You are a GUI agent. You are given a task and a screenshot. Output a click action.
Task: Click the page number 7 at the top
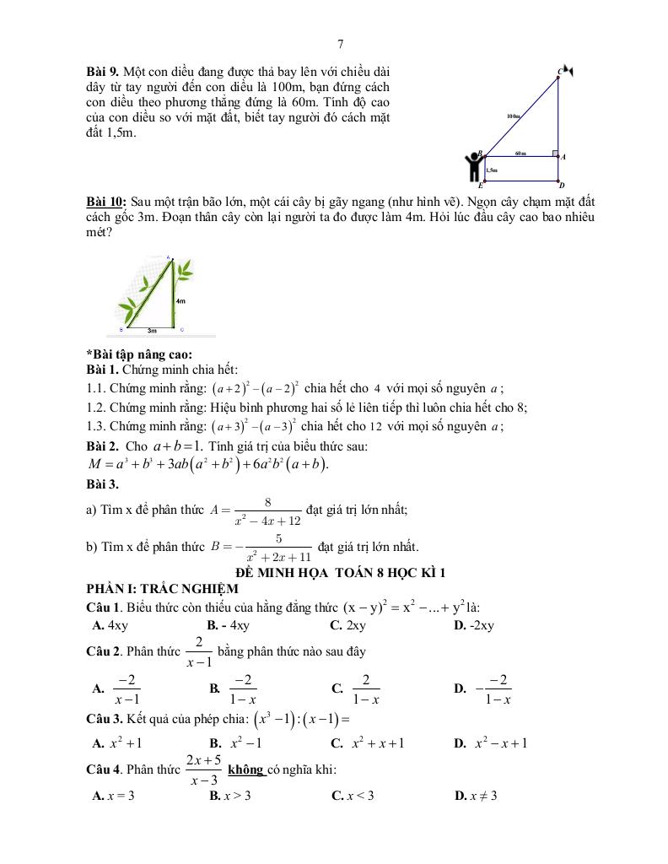pyautogui.click(x=340, y=45)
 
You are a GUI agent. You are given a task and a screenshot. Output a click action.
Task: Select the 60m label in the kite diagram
pyautogui.click(x=520, y=154)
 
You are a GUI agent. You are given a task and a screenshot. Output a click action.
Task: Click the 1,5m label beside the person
pyautogui.click(x=492, y=170)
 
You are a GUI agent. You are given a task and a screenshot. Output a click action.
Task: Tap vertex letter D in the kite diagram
pyautogui.click(x=562, y=186)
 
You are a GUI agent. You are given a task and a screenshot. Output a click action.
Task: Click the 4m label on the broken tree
pyautogui.click(x=181, y=300)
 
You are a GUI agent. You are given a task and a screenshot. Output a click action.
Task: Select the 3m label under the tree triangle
pyautogui.click(x=152, y=331)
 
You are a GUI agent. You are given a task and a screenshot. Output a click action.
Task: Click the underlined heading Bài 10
pyautogui.click(x=106, y=202)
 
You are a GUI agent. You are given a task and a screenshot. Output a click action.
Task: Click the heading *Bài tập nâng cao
pyautogui.click(x=139, y=354)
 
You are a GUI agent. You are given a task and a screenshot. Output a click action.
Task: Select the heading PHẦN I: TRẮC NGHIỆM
pyautogui.click(x=162, y=588)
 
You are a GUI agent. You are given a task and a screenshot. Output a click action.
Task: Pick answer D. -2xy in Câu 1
pyautogui.click(x=473, y=625)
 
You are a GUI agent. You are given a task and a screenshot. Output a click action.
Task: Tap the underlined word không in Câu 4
pyautogui.click(x=245, y=769)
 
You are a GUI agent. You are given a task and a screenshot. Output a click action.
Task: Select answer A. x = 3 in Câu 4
pyautogui.click(x=113, y=796)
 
